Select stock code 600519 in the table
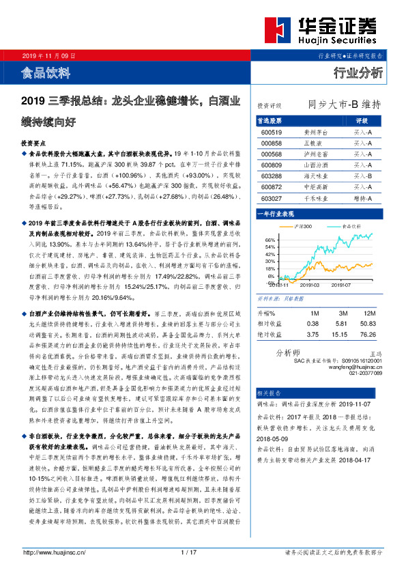(271, 132)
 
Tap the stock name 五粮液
(311, 143)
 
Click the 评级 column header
(362, 120)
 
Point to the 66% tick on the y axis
(269, 240)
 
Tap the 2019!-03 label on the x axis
(319, 287)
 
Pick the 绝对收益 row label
(269, 335)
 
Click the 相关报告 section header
(269, 393)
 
